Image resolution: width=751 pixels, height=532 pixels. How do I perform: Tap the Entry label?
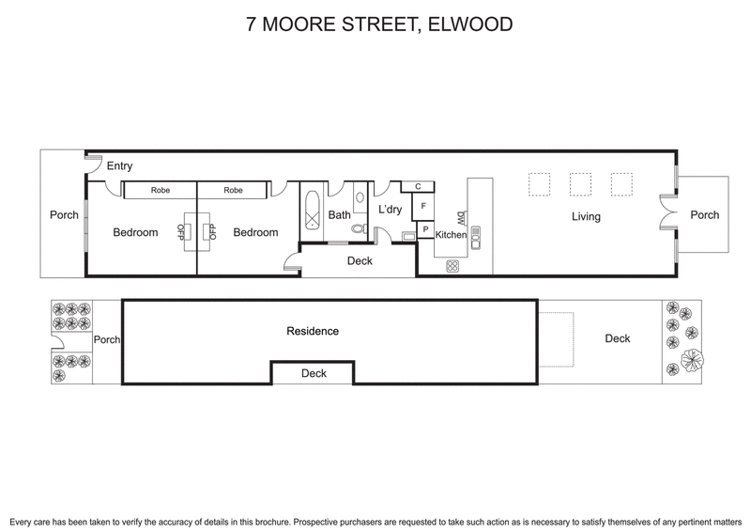click(119, 166)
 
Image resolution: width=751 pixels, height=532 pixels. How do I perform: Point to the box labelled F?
click(423, 206)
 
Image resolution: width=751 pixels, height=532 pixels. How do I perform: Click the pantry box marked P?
click(424, 228)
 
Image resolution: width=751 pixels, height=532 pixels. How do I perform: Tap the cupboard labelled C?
click(418, 186)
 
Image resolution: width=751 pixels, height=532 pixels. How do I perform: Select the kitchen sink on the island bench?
click(475, 236)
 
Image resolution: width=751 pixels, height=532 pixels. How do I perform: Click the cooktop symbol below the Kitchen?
click(452, 265)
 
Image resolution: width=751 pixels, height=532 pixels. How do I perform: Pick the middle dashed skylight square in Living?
click(579, 181)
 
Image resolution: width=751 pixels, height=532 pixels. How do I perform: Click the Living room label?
click(586, 217)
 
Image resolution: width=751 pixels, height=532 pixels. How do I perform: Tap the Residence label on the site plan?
click(313, 331)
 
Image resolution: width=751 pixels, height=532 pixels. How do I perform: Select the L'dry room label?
click(390, 210)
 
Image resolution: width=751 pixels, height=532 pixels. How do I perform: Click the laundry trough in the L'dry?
click(407, 236)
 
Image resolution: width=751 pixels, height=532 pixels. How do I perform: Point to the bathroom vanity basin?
click(360, 198)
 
